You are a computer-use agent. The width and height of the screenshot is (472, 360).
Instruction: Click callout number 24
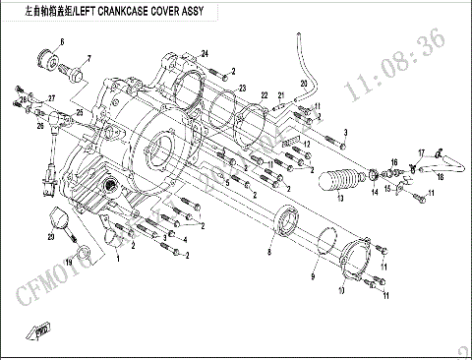tap(206, 52)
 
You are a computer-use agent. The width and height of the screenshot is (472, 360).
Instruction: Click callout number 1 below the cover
tap(118, 256)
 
